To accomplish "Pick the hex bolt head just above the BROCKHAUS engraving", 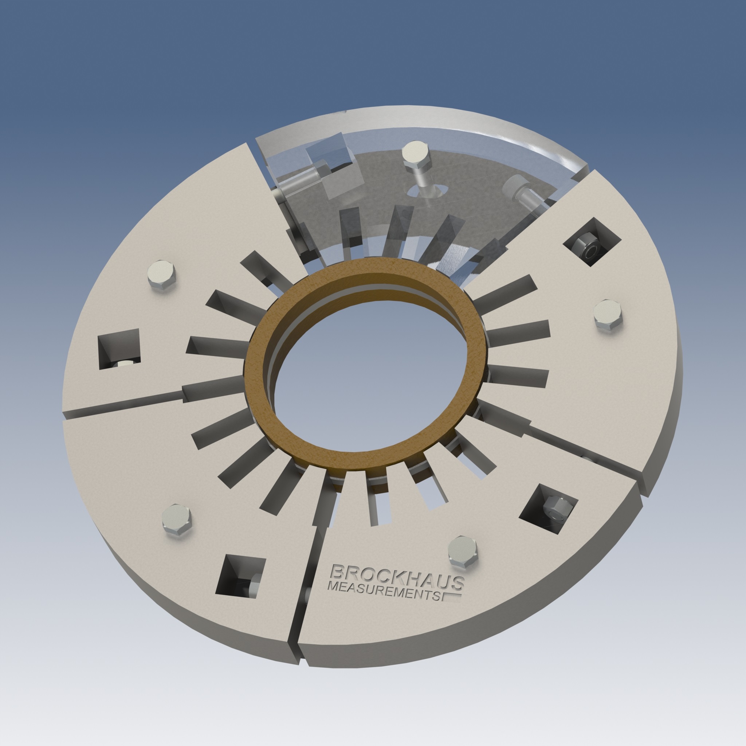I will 463,550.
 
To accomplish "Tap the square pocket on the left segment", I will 119,348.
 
